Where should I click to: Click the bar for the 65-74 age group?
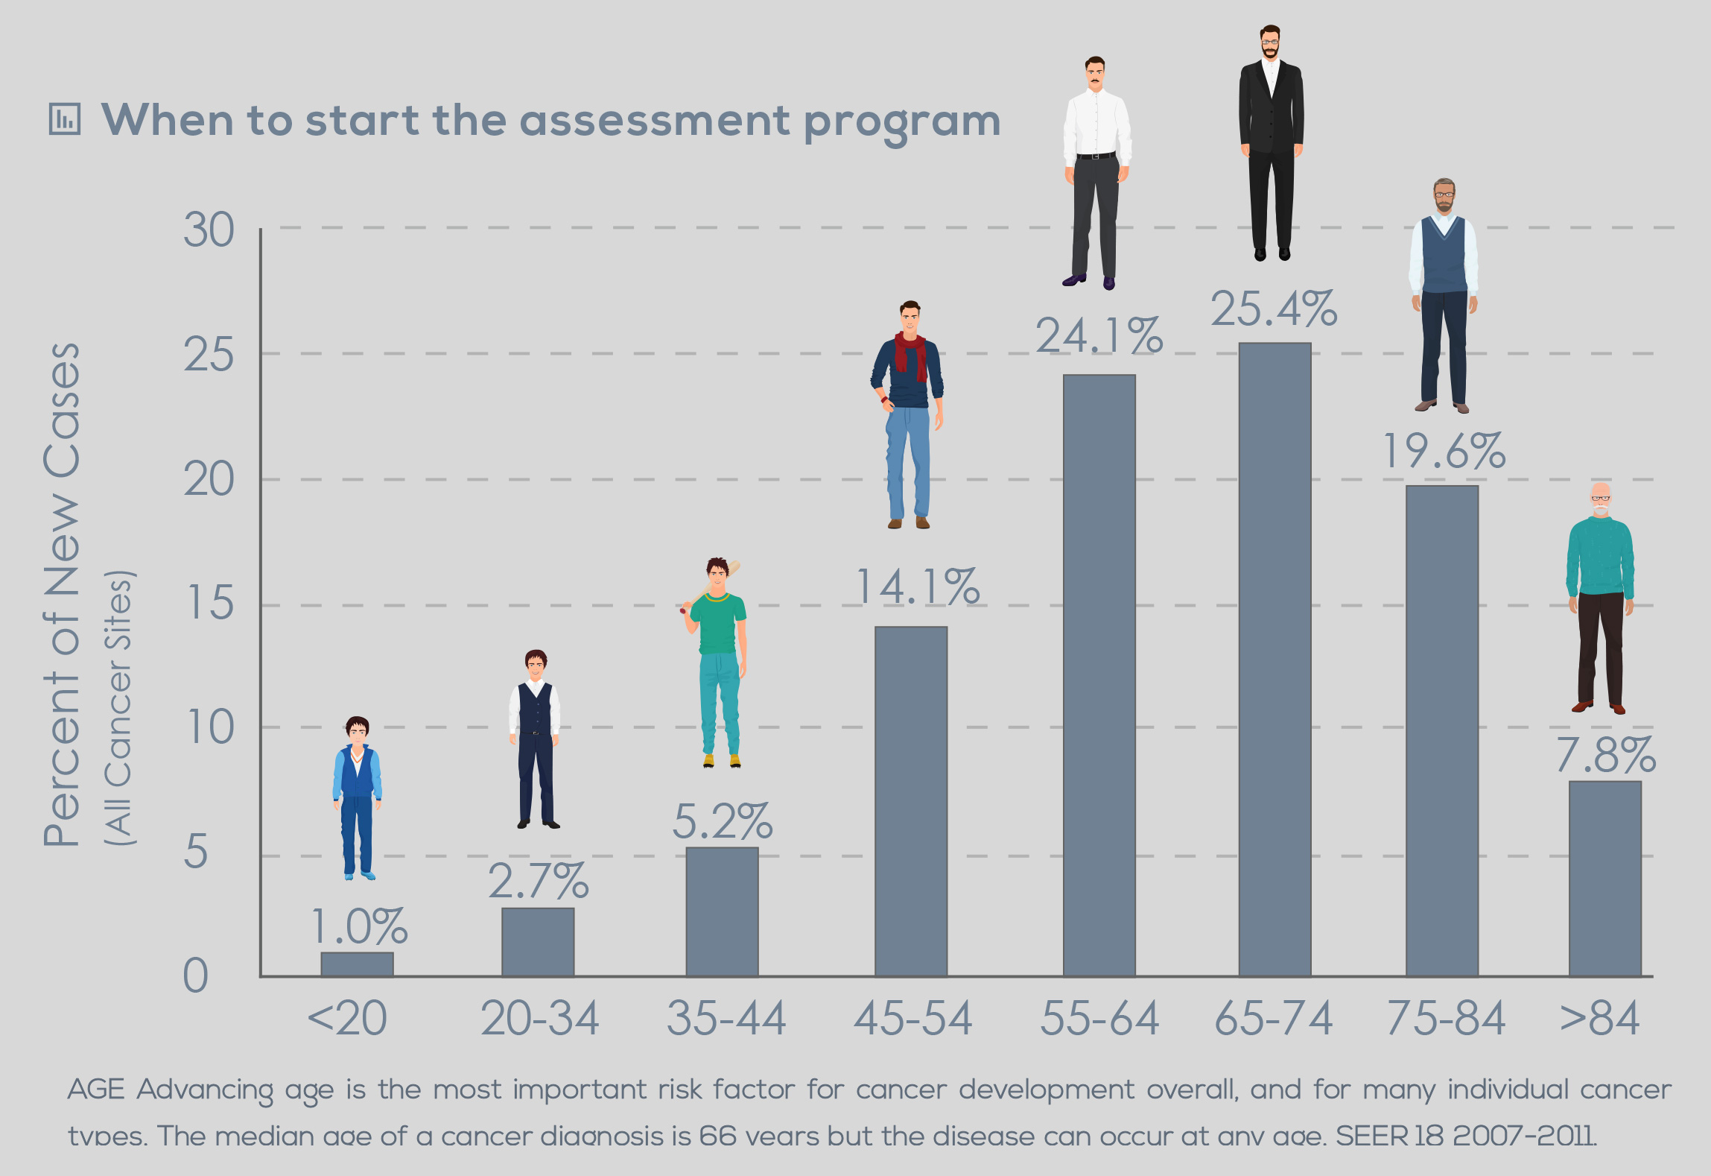pos(1274,659)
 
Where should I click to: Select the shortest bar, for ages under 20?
pos(357,964)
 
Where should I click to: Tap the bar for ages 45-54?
pos(910,800)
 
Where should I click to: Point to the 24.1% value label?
pos(1099,336)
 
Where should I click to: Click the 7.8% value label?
pos(1605,756)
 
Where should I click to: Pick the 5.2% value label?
pos(722,822)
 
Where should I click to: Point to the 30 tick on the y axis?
pos(209,230)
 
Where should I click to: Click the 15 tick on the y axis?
pos(210,604)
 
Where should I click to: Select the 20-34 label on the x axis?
pos(539,1019)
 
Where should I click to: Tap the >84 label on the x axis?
pos(1599,1019)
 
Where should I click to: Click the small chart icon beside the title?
pos(65,119)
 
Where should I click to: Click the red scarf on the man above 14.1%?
pos(911,353)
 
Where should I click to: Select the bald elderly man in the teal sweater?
pos(1600,596)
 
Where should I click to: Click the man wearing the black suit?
pos(1271,142)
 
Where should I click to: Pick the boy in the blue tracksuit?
pos(357,797)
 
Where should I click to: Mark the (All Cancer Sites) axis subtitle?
pos(119,708)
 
